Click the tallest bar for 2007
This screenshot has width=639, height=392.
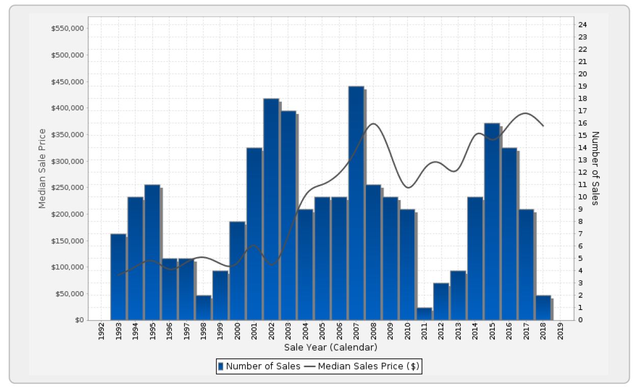356,204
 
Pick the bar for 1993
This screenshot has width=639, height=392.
118,277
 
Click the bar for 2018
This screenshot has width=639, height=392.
543,307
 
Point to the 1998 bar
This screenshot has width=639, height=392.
203,307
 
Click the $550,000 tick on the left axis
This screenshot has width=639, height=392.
67,29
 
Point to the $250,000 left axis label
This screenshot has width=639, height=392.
67,188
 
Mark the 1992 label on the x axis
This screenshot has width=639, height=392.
101,333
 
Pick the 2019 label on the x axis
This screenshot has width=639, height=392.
561,333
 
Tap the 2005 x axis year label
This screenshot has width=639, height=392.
323,333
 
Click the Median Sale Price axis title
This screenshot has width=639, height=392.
42,169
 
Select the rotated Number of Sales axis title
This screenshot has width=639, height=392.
595,169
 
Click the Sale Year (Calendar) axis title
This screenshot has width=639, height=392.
331,348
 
